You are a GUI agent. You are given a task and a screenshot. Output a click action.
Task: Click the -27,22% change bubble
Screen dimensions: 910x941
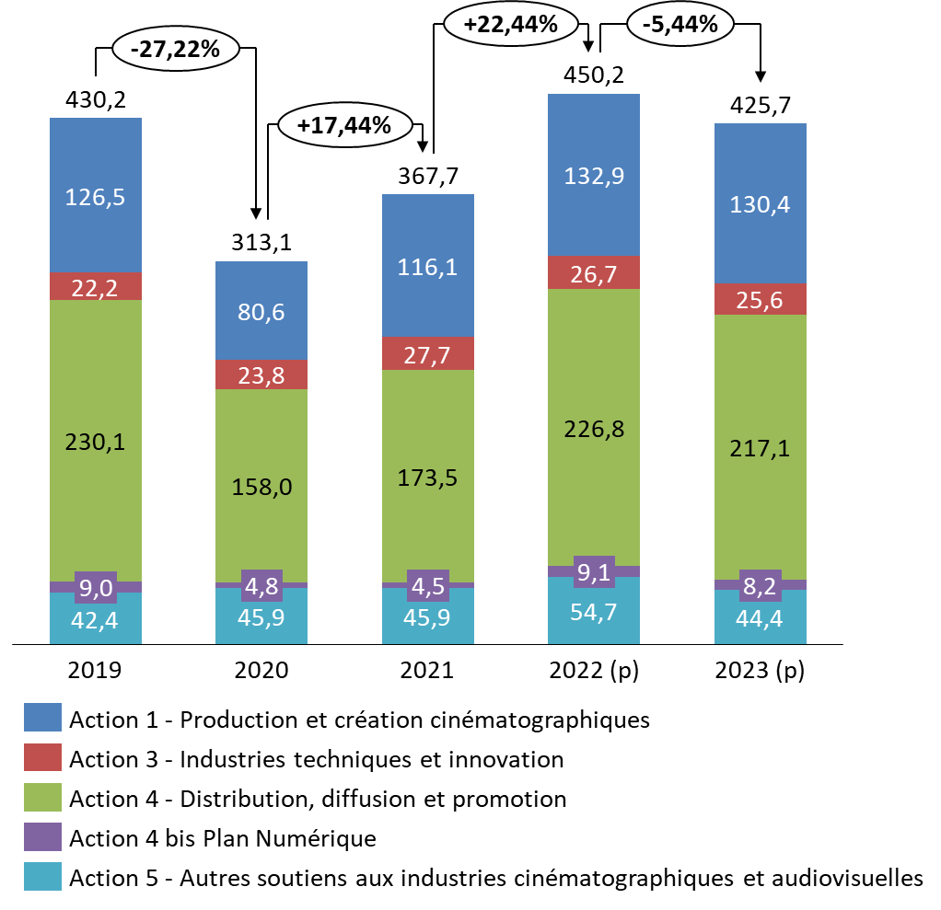tap(175, 50)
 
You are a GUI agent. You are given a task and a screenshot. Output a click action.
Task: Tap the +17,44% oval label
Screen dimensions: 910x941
tap(344, 125)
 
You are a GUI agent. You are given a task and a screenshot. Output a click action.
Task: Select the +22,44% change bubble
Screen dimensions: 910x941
tap(510, 25)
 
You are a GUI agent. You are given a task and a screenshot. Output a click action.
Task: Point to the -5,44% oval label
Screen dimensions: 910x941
tap(680, 25)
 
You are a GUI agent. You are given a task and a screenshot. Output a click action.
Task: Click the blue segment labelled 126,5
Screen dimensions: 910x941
tap(96, 195)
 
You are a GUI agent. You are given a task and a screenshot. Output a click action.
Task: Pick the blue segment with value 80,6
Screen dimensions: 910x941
tap(261, 311)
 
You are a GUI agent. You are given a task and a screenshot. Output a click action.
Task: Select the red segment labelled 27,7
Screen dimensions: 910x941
tap(427, 353)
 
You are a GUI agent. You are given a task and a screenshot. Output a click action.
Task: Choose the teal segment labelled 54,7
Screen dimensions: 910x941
tap(593, 611)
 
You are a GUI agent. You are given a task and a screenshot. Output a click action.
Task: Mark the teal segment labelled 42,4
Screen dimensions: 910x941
tap(96, 618)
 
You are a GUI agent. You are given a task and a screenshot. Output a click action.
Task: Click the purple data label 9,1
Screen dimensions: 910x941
tap(593, 572)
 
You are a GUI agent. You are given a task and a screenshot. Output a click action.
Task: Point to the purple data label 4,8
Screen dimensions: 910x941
tap(261, 584)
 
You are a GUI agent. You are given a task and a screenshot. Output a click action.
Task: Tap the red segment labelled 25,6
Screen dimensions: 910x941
tap(760, 299)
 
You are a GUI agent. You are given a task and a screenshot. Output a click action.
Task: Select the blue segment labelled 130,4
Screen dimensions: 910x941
tap(760, 203)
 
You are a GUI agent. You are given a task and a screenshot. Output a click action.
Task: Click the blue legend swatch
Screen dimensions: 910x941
tap(42, 717)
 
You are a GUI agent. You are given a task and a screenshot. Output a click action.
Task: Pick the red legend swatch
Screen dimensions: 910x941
tap(42, 756)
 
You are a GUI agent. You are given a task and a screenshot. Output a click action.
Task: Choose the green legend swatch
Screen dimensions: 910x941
tap(42, 797)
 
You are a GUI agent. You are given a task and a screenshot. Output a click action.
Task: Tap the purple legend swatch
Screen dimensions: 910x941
tap(42, 836)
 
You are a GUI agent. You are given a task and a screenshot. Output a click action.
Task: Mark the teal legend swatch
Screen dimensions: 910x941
tap(42, 876)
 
